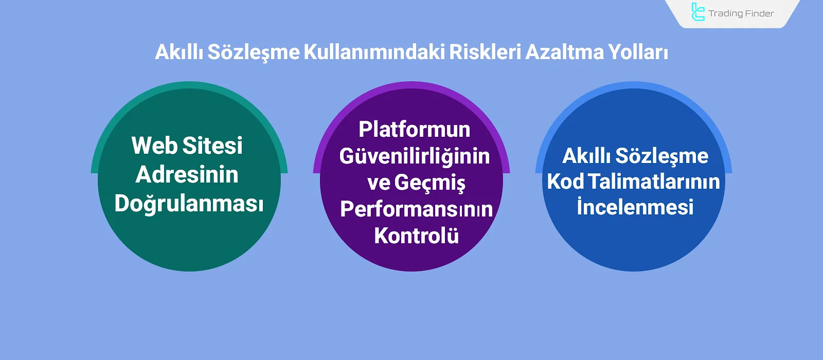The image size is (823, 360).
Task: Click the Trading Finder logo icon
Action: tap(697, 12)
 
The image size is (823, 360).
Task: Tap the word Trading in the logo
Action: tap(725, 14)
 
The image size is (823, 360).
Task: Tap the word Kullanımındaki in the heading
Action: tap(374, 52)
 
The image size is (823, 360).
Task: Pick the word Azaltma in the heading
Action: tap(564, 52)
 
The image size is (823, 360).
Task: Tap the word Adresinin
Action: tap(187, 175)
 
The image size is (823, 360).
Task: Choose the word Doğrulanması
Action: tap(189, 204)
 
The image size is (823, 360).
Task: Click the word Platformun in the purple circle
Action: tap(415, 130)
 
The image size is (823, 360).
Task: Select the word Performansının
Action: tap(416, 209)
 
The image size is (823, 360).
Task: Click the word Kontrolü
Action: tap(416, 236)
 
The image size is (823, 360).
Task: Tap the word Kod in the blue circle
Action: tap(565, 182)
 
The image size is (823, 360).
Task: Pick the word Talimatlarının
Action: tap(654, 182)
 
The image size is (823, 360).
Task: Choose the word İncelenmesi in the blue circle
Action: tap(635, 207)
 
